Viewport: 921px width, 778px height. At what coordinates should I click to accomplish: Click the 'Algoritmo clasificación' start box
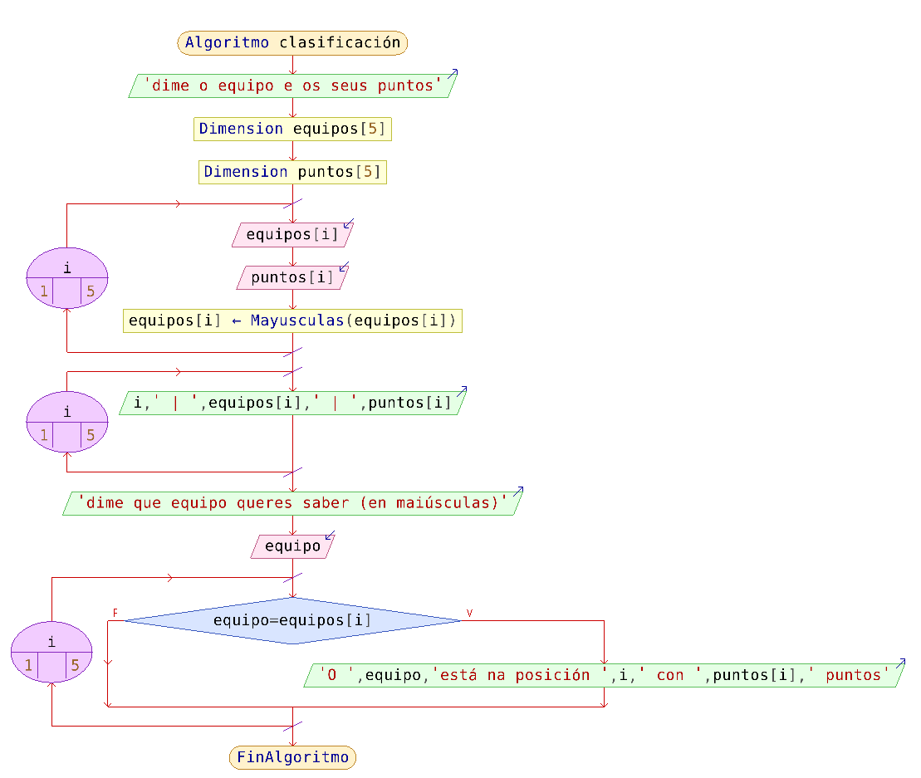292,42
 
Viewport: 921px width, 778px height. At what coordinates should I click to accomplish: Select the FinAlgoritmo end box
292,756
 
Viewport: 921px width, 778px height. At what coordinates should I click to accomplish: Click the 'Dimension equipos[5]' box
292,129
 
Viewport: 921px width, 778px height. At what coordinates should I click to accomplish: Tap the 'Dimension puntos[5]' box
292,172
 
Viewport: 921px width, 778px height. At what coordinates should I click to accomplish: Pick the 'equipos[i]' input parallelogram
292,235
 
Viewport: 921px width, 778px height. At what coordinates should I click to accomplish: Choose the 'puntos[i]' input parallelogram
292,277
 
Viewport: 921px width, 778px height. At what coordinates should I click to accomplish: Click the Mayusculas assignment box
292,320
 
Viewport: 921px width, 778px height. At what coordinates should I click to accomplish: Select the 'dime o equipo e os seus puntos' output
292,86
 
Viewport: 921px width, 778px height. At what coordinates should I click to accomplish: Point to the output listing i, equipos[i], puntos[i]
292,404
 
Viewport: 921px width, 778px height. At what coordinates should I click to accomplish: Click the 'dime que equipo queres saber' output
292,503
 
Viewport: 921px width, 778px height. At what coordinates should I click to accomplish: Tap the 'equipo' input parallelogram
292,546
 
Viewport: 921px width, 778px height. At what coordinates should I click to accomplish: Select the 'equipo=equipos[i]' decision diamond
292,620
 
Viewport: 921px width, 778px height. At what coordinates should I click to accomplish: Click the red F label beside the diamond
115,613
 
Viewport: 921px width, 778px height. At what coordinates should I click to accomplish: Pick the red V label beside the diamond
469,613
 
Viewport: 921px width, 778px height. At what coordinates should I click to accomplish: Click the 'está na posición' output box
604,675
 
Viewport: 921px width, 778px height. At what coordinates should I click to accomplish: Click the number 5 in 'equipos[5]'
372,129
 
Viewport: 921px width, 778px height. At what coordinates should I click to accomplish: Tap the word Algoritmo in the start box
227,42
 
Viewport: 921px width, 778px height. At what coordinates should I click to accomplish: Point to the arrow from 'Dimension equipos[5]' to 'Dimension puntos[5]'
292,151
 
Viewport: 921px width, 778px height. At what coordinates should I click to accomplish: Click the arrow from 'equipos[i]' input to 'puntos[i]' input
292,257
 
